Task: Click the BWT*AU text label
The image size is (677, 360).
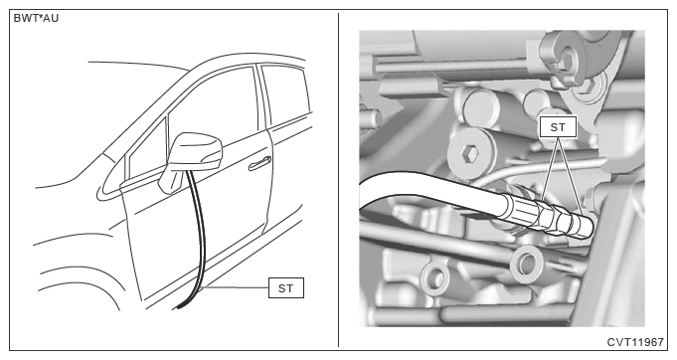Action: click(36, 19)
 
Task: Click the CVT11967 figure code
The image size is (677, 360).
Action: click(635, 342)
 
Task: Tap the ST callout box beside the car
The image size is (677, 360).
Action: click(286, 288)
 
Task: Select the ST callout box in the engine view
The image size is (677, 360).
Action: click(558, 127)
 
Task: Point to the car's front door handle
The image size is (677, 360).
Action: click(259, 163)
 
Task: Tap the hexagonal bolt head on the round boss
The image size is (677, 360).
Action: click(468, 153)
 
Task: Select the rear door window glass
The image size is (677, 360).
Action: click(286, 94)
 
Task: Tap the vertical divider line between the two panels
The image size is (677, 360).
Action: click(338, 180)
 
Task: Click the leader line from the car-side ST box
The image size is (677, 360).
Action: click(236, 287)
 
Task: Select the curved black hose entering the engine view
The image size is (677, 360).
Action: click(431, 190)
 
